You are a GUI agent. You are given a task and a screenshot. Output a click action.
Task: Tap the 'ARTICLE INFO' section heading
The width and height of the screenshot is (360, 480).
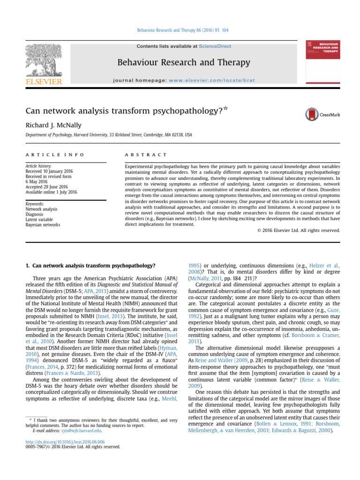click(55, 154)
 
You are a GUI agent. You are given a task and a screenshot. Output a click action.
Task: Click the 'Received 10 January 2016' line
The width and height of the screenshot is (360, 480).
click(46, 172)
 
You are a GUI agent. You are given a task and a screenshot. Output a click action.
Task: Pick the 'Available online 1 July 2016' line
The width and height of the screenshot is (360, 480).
click(51, 192)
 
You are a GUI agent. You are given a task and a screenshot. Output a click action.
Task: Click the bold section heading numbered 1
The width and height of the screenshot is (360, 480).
click(90, 265)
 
